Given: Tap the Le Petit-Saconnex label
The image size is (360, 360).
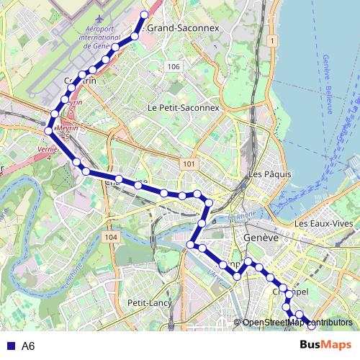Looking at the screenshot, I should [x=182, y=107].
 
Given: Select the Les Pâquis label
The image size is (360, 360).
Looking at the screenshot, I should [x=269, y=174].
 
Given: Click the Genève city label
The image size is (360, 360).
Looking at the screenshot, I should [x=261, y=238].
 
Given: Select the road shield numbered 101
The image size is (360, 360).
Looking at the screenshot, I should [x=189, y=165].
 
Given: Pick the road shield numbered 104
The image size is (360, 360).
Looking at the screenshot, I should [x=110, y=237].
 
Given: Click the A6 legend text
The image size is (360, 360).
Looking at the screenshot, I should [x=28, y=346].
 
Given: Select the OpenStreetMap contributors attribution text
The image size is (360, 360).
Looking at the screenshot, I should [x=297, y=323].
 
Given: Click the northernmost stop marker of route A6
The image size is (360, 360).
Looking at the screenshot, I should [x=144, y=14].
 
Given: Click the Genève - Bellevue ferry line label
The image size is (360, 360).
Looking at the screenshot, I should [x=325, y=84].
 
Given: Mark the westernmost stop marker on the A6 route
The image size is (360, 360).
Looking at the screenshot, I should [x=48, y=130].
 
